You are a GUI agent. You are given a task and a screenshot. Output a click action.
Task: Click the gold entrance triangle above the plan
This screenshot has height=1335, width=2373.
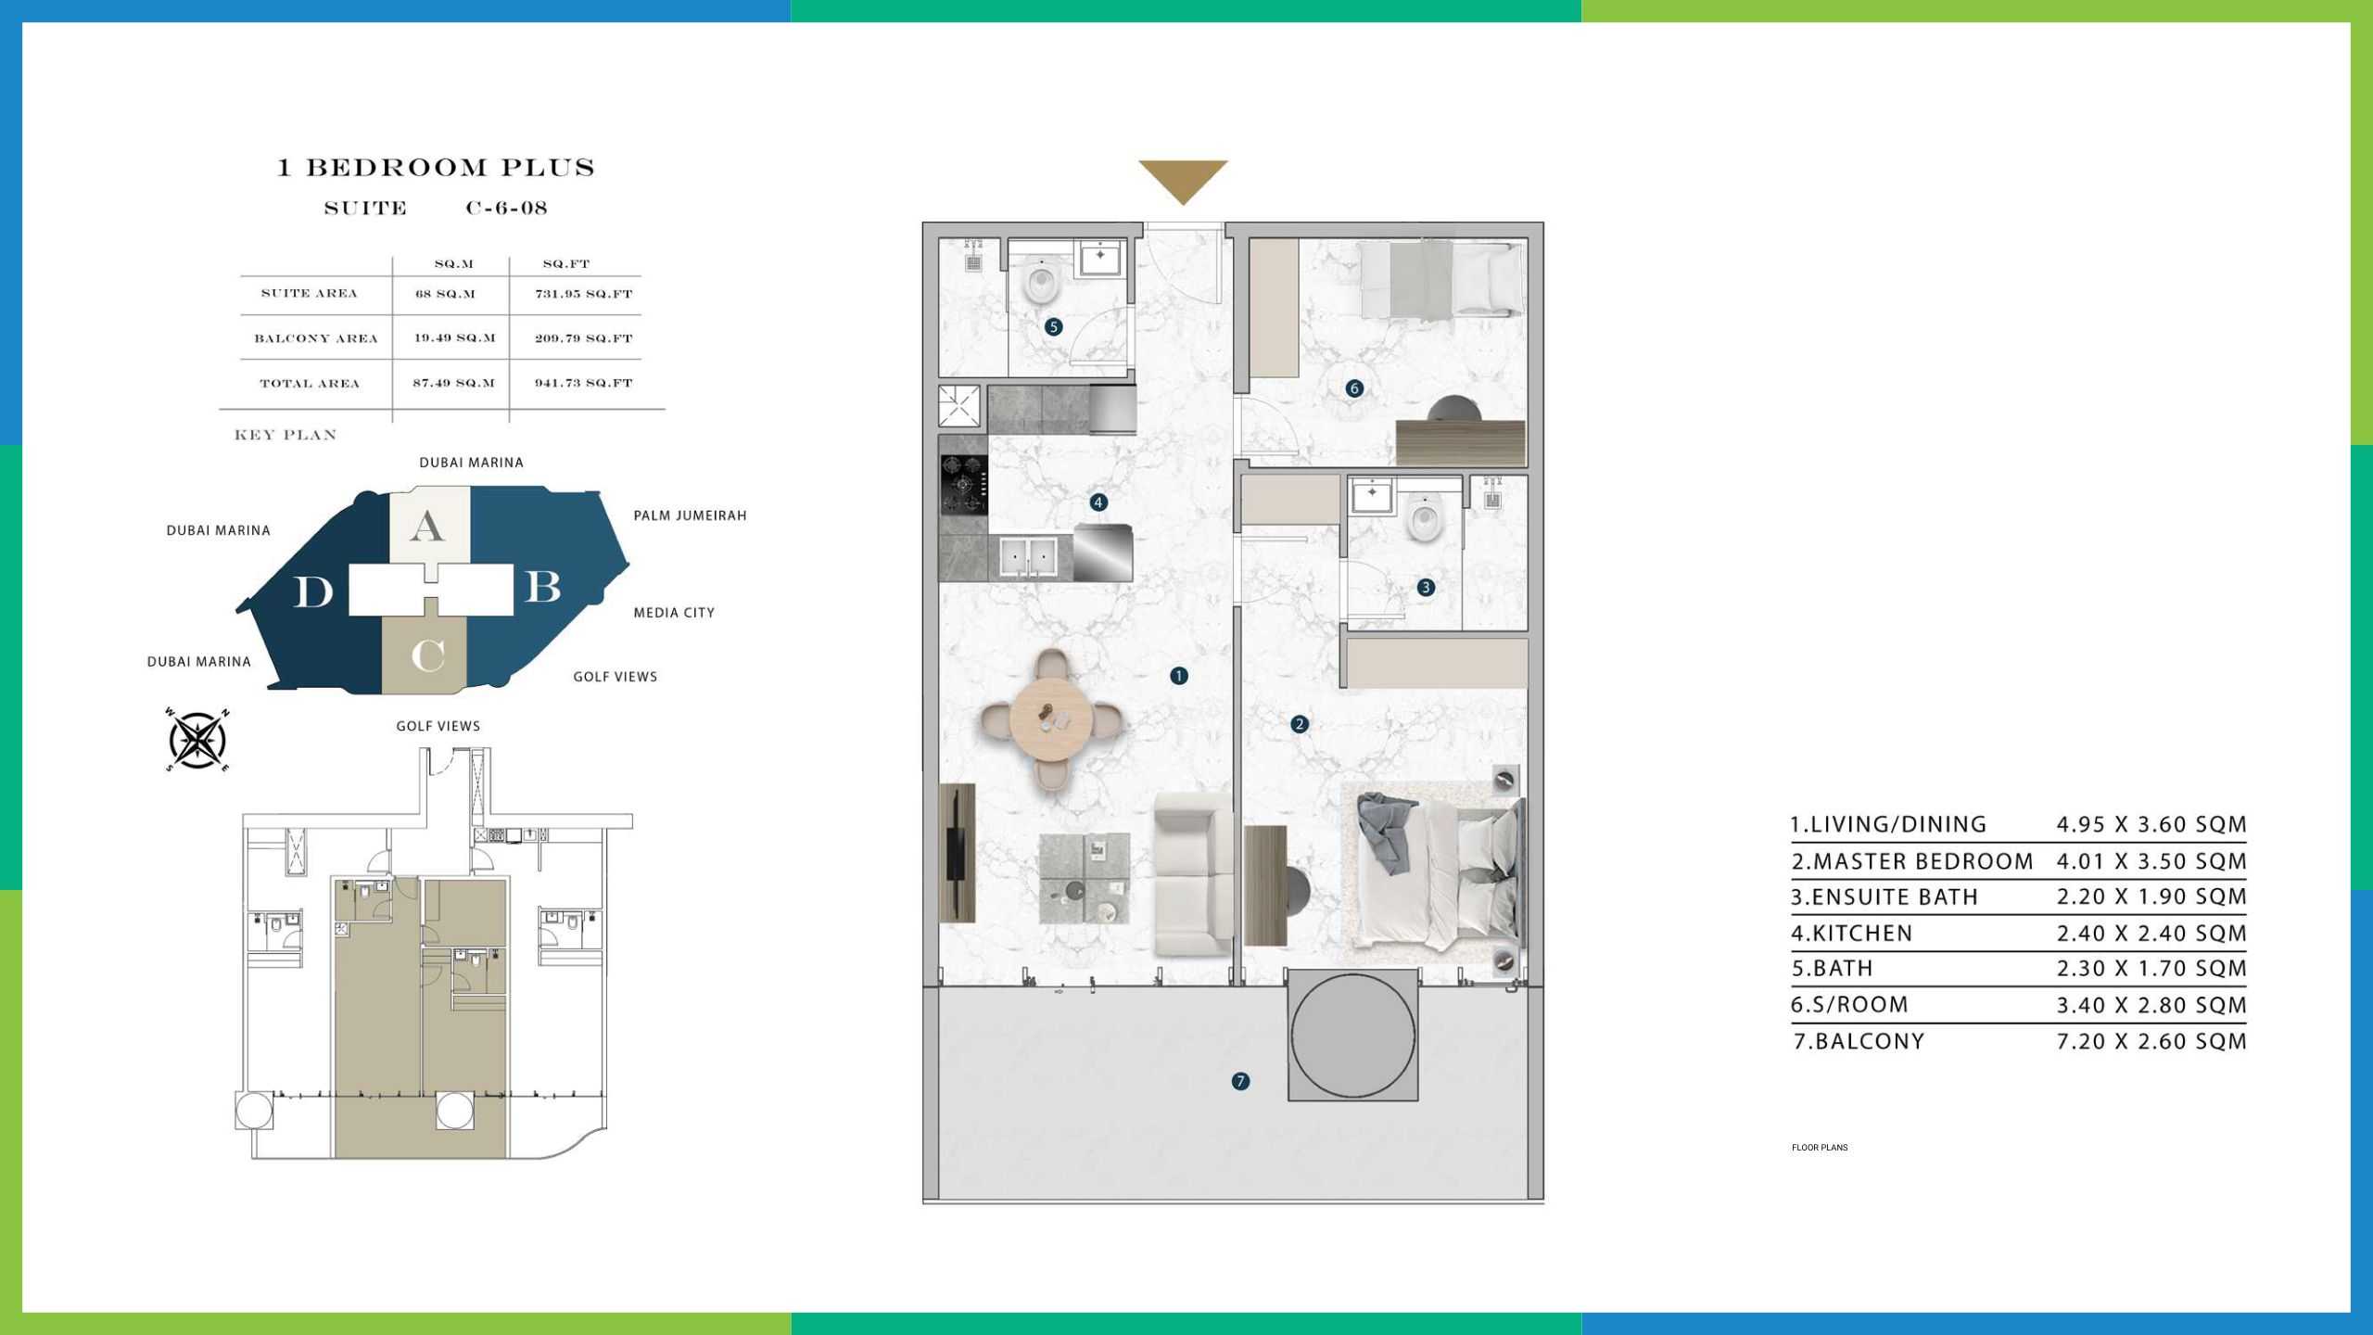[1183, 178]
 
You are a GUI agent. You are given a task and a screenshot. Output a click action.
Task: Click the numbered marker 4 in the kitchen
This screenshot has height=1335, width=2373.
[1098, 502]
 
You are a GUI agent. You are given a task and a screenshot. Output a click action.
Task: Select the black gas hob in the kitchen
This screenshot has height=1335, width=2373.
[964, 483]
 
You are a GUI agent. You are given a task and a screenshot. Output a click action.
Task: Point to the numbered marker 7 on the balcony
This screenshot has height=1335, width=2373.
[1240, 1081]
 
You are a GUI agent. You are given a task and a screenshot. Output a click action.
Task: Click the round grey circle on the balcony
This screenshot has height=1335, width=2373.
[1352, 1036]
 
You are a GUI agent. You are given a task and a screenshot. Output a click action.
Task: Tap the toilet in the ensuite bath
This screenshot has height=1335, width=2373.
[1425, 519]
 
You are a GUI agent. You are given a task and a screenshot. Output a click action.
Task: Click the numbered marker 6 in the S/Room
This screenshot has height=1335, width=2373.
[1354, 388]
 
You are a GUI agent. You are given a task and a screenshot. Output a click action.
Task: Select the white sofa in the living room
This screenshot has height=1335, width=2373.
[1193, 873]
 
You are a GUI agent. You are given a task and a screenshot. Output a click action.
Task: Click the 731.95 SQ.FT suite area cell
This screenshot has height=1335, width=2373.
[583, 294]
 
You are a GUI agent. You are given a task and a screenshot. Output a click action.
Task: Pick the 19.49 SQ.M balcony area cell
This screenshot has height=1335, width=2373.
[454, 338]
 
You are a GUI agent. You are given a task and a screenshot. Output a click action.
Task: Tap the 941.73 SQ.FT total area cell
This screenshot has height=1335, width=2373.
[583, 383]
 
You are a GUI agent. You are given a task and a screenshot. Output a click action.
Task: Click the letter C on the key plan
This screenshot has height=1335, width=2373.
[428, 656]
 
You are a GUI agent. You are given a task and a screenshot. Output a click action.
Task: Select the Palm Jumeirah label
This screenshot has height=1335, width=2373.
[690, 515]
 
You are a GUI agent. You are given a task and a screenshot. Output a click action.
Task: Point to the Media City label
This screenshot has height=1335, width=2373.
[674, 613]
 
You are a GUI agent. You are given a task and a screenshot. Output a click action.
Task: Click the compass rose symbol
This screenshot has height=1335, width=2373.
[197, 740]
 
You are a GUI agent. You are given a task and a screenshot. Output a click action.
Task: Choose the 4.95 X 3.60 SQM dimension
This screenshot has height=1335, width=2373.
[2151, 824]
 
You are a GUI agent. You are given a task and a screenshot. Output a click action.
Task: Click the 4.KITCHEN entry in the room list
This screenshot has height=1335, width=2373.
[1851, 933]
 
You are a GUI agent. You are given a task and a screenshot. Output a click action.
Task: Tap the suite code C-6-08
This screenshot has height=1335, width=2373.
[506, 208]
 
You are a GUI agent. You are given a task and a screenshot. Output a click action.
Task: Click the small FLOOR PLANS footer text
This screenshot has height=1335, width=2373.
[1820, 1148]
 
